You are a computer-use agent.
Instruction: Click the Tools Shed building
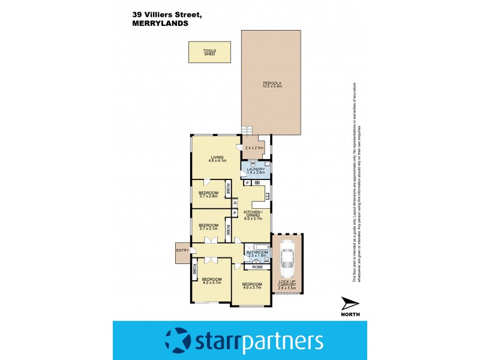click(209, 52)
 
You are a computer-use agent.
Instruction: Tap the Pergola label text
click(272, 83)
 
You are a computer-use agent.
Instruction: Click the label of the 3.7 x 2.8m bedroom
click(208, 193)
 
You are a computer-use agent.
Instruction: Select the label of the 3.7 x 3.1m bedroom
click(208, 226)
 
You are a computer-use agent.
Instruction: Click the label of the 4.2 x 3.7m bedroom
click(212, 279)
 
